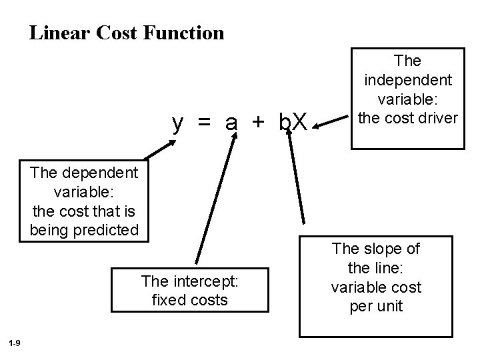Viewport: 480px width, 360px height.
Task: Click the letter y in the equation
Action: tap(178, 123)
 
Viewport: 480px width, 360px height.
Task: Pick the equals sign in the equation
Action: tap(204, 123)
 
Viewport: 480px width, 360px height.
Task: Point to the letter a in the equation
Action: tap(231, 123)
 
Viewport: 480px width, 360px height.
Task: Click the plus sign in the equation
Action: tap(259, 123)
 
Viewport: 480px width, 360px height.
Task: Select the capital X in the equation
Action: tap(300, 123)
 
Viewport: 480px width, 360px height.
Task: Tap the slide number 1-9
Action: tap(15, 343)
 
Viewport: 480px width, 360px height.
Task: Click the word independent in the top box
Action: tap(408, 80)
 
